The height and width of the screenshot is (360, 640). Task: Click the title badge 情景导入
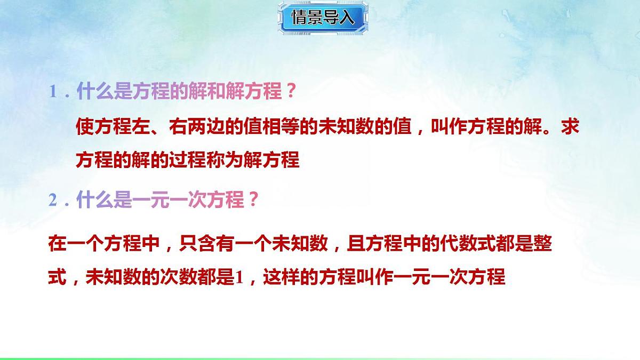click(x=322, y=18)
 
